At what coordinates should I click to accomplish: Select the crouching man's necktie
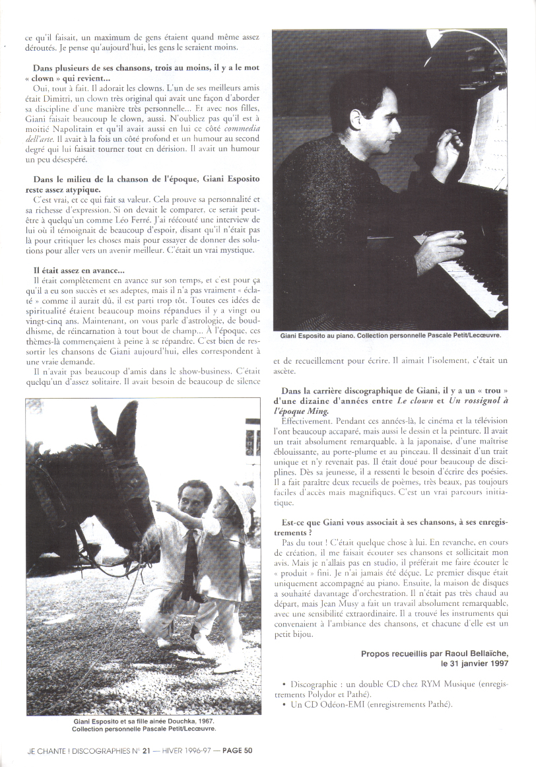(x=190, y=561)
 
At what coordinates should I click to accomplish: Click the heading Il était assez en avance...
(x=79, y=271)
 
